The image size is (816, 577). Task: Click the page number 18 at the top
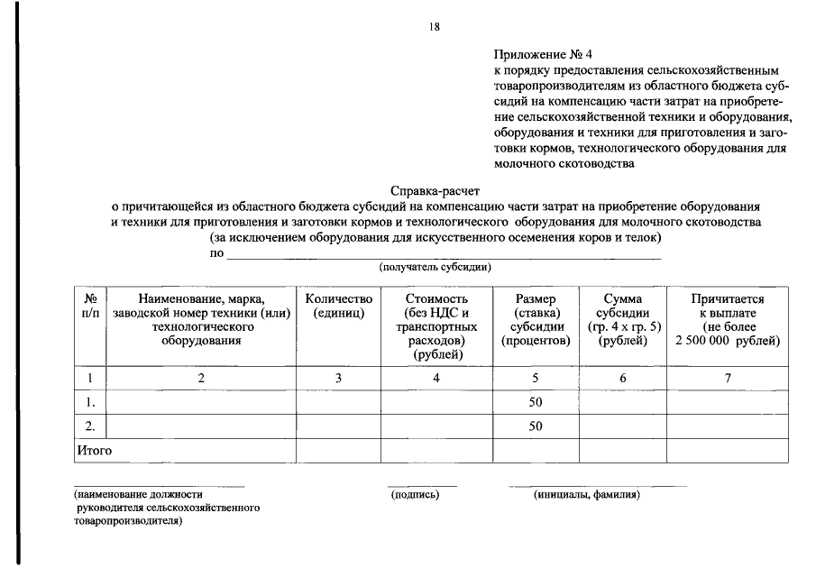coord(434,27)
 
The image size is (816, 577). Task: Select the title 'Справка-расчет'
coord(436,190)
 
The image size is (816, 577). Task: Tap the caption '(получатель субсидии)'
coord(435,267)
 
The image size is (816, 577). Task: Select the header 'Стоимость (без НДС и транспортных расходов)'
coord(436,325)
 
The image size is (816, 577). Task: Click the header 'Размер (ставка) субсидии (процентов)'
coord(536,319)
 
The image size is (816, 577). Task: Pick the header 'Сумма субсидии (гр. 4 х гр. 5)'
coord(622,319)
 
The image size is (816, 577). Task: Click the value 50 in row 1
coord(536,402)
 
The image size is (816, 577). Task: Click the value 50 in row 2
coord(536,426)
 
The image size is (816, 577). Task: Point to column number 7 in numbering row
coord(728,378)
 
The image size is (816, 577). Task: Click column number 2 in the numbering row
coord(201,378)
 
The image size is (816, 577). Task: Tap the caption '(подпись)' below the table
coord(414,494)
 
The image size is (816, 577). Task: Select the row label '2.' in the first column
coord(90,426)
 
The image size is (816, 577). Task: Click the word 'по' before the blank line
coord(216,253)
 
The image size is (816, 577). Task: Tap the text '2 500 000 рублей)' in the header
coord(728,340)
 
